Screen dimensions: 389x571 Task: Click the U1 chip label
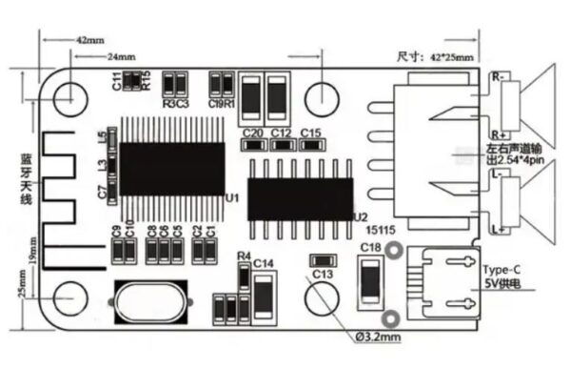230,196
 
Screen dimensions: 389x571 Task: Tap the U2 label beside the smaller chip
360,216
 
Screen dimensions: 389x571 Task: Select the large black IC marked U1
170,169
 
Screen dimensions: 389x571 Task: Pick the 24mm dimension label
120,57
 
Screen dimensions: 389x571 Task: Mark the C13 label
324,274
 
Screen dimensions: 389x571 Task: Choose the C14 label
264,262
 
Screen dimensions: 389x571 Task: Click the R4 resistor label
244,256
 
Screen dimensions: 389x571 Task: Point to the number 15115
383,230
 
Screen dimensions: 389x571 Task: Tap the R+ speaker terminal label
497,135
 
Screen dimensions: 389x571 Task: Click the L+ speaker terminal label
497,230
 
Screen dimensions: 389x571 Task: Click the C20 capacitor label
252,133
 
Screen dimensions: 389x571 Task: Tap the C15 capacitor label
310,133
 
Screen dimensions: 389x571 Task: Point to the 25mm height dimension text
22,282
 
